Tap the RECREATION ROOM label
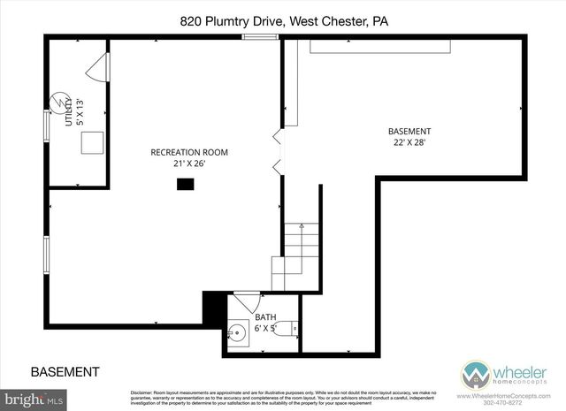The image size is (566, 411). click(188, 152)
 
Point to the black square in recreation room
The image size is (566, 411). click(185, 184)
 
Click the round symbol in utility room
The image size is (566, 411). click(59, 100)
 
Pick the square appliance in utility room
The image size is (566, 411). click(93, 144)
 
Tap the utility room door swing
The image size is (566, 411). click(98, 65)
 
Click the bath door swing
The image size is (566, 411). click(245, 301)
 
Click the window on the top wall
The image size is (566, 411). click(256, 36)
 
